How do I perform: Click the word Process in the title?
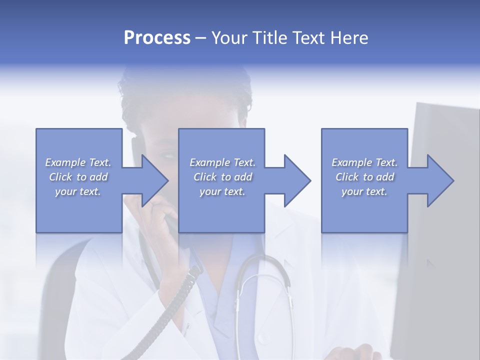(157, 38)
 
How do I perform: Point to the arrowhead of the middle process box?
(296, 180)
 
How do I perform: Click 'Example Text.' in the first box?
(78, 162)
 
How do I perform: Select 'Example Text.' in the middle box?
(222, 162)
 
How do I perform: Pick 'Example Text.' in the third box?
(364, 162)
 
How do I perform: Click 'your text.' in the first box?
(78, 191)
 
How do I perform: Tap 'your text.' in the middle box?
(222, 191)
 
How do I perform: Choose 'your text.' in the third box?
(364, 191)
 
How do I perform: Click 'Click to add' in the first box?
(78, 177)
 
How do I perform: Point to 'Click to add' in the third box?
(364, 177)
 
